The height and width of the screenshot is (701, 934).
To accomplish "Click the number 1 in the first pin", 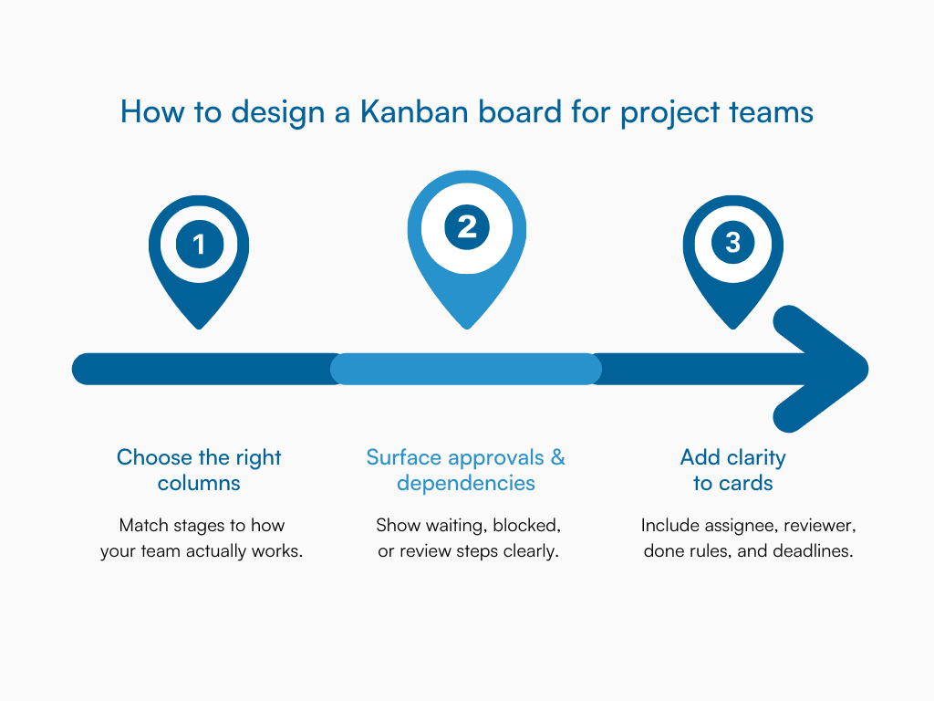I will [199, 244].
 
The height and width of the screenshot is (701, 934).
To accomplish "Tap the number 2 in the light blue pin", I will [467, 225].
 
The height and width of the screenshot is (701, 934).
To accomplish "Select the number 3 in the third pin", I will [733, 243].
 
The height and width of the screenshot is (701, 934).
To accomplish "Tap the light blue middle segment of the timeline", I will [466, 369].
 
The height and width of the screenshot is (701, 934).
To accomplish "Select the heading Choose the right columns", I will [199, 470].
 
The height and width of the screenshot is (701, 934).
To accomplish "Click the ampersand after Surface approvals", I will [558, 457].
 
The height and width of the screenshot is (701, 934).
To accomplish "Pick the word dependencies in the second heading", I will [466, 483].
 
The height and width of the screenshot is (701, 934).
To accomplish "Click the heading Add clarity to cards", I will [733, 470].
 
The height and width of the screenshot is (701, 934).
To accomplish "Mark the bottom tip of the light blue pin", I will [467, 326].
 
